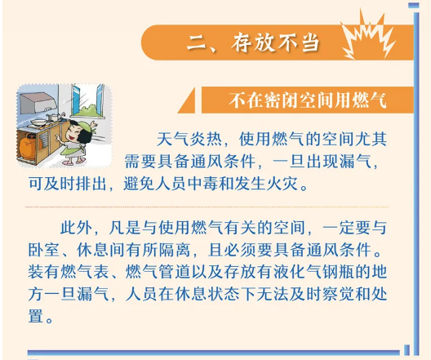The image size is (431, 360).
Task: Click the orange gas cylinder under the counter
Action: coord(29,146)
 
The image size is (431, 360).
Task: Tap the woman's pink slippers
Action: coord(73,162)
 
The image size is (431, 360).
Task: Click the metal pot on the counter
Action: coord(52,117)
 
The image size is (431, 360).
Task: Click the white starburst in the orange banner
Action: coord(368,38)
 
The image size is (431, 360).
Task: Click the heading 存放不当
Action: coord(275,42)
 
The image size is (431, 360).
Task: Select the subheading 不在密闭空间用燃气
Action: coord(308,100)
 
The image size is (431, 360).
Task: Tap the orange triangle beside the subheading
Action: coord(187,100)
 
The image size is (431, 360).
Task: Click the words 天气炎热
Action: coord(189,139)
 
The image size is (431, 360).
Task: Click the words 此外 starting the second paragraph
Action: coord(76,228)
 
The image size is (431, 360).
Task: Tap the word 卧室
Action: coord(44,250)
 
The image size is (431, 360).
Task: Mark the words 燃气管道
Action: coord(158,272)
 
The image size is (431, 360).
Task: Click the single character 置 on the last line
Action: coord(36,316)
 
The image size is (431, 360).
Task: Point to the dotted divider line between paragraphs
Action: coord(207,207)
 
